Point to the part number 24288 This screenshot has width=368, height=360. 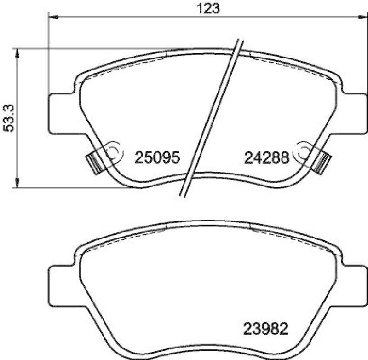pyautogui.click(x=266, y=158)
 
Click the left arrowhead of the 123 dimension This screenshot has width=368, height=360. pyautogui.click(x=53, y=17)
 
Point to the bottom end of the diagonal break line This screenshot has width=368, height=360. pyautogui.click(x=182, y=196)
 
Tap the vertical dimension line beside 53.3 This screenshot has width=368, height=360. pyautogui.click(x=18, y=138)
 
